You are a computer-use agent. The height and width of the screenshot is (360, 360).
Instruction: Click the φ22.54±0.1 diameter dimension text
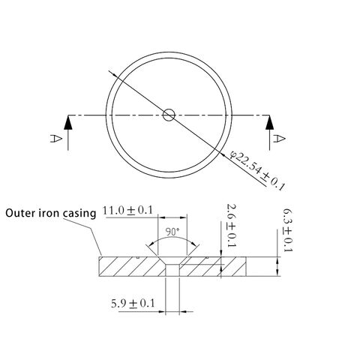click(x=257, y=170)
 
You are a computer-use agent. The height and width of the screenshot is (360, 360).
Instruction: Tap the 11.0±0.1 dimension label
click(x=127, y=211)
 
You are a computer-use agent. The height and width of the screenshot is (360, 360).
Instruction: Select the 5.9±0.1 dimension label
click(x=133, y=304)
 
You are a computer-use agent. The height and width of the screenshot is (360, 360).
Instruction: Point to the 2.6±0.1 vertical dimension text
click(x=231, y=226)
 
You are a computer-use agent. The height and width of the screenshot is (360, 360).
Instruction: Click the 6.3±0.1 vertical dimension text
click(x=287, y=230)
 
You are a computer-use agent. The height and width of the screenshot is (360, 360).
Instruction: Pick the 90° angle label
click(x=172, y=232)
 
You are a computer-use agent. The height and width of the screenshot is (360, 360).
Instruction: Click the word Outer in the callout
click(x=20, y=213)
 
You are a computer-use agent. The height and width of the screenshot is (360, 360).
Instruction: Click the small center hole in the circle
click(x=169, y=115)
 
